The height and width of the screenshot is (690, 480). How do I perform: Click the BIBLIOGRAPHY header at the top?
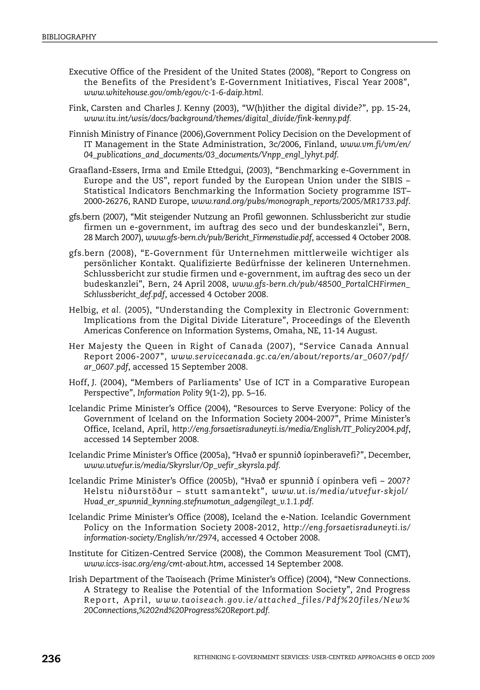coord(69,37)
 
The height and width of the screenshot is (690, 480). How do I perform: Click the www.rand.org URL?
coord(300,201)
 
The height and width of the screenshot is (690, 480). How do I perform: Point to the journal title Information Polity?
coord(170,393)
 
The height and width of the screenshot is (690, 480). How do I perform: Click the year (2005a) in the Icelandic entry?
coord(218,455)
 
